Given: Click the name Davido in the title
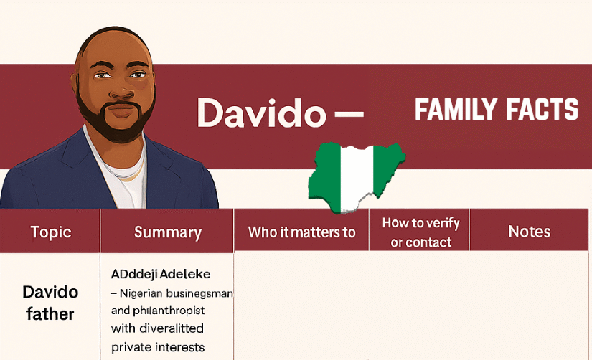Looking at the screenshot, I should [x=259, y=113].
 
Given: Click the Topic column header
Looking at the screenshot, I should [x=51, y=232].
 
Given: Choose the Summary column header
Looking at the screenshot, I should [x=168, y=232].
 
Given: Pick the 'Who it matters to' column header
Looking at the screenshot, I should [x=301, y=232].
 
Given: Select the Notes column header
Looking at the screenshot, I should [x=529, y=231].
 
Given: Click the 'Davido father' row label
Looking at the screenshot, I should [x=50, y=303].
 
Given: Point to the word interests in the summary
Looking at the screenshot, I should [x=179, y=347].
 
